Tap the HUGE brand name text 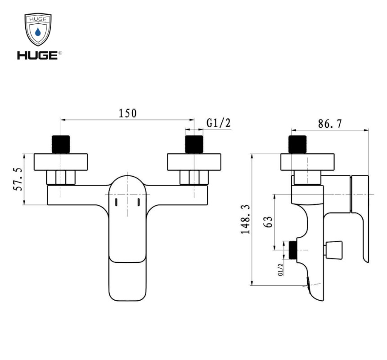tap(37, 55)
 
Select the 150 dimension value tap(127, 113)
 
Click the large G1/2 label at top tap(218, 123)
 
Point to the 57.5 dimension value tap(18, 180)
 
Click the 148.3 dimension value tap(246, 219)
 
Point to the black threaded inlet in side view tap(298, 144)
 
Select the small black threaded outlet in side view tap(293, 250)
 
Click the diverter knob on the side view tap(335, 249)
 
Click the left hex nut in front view tap(61, 178)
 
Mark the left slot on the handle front tap(116, 202)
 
